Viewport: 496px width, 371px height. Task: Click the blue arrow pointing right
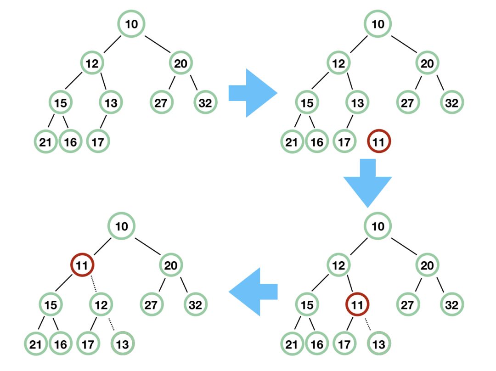pyautogui.click(x=252, y=93)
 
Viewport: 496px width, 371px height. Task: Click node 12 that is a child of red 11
pyautogui.click(x=101, y=304)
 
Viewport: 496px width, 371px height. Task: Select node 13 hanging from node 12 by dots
pyautogui.click(x=122, y=344)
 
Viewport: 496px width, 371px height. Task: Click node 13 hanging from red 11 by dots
pyautogui.click(x=379, y=344)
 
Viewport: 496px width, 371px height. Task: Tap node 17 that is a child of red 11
pyautogui.click(x=344, y=344)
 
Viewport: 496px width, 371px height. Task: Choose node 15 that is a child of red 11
pyautogui.click(x=51, y=304)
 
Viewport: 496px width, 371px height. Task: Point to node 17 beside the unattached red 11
pyautogui.click(x=344, y=142)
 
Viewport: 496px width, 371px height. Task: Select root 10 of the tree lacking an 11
pyautogui.click(x=131, y=23)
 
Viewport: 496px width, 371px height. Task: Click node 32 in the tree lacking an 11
pyautogui.click(x=205, y=102)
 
